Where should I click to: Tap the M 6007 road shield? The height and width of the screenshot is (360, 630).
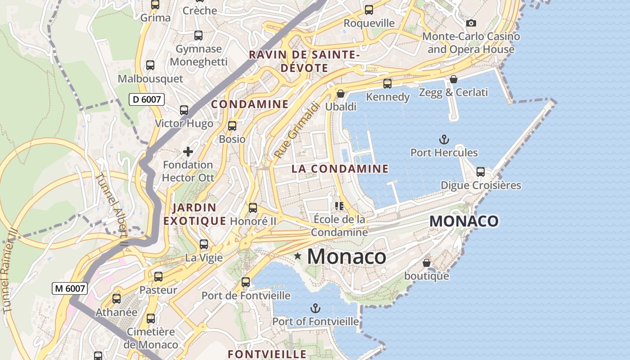pyautogui.click(x=70, y=288)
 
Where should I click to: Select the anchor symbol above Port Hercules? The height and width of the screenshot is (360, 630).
pyautogui.click(x=444, y=139)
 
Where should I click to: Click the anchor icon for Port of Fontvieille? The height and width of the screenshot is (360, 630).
pyautogui.click(x=315, y=308)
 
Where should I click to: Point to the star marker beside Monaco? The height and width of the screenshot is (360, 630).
pyautogui.click(x=297, y=256)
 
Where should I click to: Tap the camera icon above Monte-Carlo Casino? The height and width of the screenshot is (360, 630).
pyautogui.click(x=471, y=23)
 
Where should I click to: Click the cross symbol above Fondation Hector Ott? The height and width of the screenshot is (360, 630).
pyautogui.click(x=188, y=152)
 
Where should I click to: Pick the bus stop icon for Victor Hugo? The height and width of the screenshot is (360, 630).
pyautogui.click(x=184, y=110)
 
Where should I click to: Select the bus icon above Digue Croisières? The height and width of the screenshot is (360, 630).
pyautogui.click(x=481, y=172)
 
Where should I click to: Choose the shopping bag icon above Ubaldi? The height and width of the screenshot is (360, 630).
pyautogui.click(x=341, y=94)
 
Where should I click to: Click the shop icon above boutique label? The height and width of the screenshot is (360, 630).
pyautogui.click(x=426, y=263)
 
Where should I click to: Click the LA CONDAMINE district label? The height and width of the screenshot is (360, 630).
pyautogui.click(x=340, y=169)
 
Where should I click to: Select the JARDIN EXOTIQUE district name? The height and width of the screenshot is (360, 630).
pyautogui.click(x=194, y=214)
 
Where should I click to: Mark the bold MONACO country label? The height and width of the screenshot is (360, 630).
pyautogui.click(x=464, y=221)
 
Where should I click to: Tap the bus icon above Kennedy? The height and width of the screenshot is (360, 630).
pyautogui.click(x=387, y=84)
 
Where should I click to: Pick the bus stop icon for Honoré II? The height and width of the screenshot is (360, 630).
pyautogui.click(x=253, y=208)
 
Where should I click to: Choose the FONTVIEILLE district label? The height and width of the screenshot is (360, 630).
pyautogui.click(x=267, y=354)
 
